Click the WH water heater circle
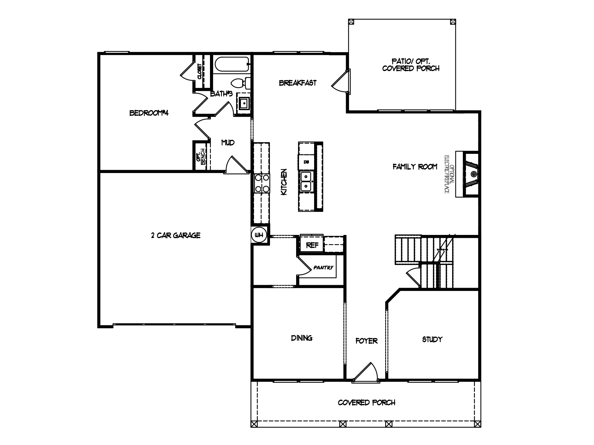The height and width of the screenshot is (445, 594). tap(259, 235)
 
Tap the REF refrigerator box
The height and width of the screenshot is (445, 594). tap(312, 245)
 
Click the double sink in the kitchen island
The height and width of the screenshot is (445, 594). tap(306, 181)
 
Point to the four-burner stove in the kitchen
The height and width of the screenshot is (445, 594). tap(262, 183)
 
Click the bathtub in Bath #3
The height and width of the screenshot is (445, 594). tap(231, 65)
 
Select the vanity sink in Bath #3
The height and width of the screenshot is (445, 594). tap(244, 103)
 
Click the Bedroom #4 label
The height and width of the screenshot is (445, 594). tap(149, 113)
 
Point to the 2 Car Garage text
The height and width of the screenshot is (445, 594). tap(176, 235)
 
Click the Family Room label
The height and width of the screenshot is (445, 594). tap(415, 167)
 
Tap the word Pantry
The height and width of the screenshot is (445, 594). tap(323, 268)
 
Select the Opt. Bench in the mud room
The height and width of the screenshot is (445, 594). tap(201, 156)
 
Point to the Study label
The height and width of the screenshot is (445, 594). tap(432, 339)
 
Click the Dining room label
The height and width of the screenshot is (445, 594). tap(302, 338)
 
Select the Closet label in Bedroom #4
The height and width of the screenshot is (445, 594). tap(200, 71)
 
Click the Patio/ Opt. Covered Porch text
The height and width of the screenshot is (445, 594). tap(411, 65)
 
